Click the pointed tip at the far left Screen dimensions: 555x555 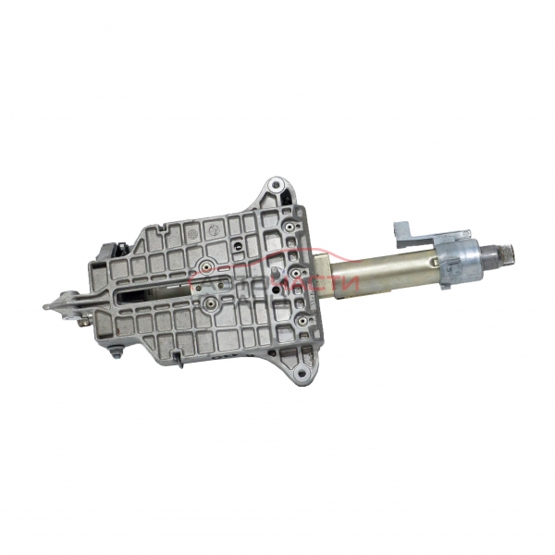tap(46, 306)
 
